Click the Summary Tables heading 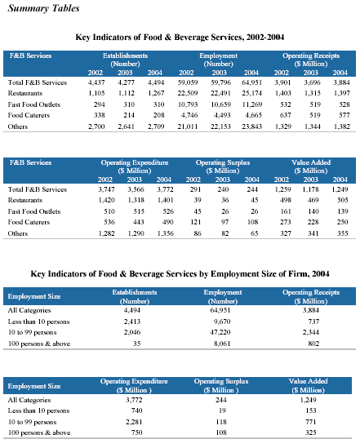tap(43, 8)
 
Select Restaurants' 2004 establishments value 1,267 tap(156, 93)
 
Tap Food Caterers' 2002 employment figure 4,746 tap(189, 115)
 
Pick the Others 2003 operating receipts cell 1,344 tap(312, 126)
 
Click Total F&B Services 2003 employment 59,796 tap(220, 82)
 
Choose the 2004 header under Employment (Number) tap(251, 73)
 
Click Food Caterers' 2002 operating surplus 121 tap(196, 222)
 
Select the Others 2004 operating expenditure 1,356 tap(166, 233)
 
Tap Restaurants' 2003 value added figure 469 tap(313, 200)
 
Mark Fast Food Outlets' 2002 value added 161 tap(286, 211)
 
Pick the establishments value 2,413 tap(132, 322)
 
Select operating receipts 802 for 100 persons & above tap(313, 344)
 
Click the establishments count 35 tap(136, 344)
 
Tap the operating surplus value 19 tap(222, 410)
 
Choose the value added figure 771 tap(310, 422)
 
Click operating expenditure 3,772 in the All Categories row tap(134, 400)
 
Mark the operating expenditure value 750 tap(136, 432)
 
